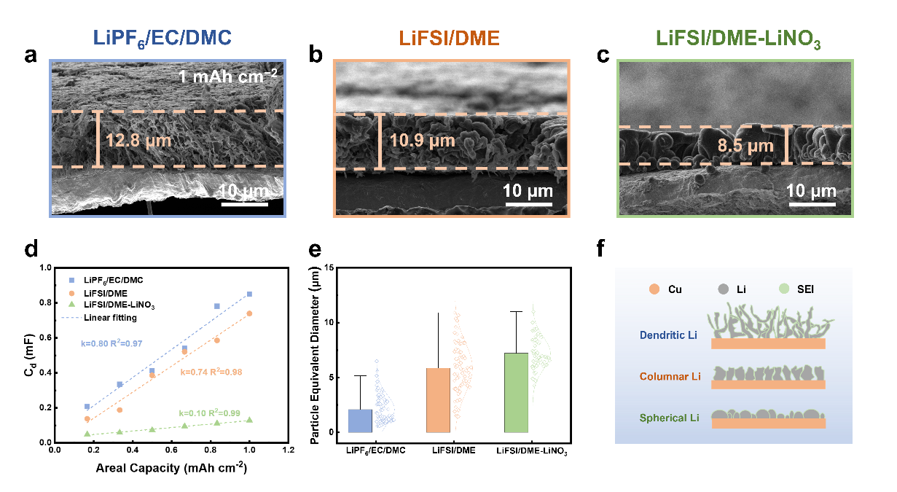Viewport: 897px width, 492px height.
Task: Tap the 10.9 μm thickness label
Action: tap(423, 141)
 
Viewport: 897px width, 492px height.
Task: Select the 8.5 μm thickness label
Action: tap(745, 146)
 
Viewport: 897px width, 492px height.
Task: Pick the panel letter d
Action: tap(31, 250)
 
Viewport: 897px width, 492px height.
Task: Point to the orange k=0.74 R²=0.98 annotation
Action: tap(212, 372)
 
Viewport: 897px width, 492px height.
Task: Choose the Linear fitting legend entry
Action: tap(110, 318)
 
